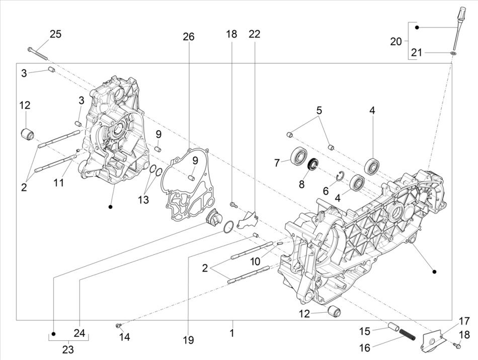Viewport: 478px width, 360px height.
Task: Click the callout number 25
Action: pyautogui.click(x=55, y=34)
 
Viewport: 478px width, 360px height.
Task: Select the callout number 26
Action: pyautogui.click(x=188, y=37)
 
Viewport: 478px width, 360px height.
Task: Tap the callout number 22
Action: pyautogui.click(x=255, y=34)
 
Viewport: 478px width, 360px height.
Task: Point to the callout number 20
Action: pyautogui.click(x=396, y=41)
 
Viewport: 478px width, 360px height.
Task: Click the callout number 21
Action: pyautogui.click(x=417, y=52)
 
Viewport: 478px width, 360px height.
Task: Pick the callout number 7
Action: pyautogui.click(x=277, y=162)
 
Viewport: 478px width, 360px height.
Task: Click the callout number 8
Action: pyautogui.click(x=302, y=184)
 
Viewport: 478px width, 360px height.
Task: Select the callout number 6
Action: pyautogui.click(x=326, y=191)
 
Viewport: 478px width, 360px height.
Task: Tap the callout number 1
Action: pyautogui.click(x=232, y=332)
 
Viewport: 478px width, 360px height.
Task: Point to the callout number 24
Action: pyautogui.click(x=79, y=332)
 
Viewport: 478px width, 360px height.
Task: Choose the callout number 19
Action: pyautogui.click(x=188, y=340)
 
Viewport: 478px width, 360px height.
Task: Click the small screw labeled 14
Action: pyautogui.click(x=119, y=326)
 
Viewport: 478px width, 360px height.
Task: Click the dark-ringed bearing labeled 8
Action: pyautogui.click(x=313, y=163)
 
